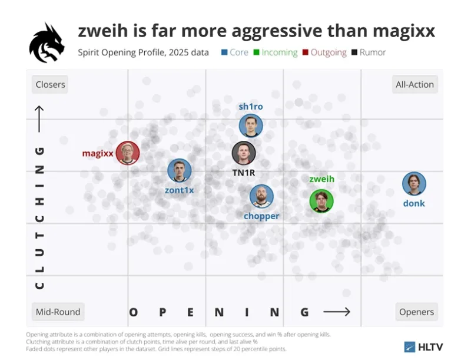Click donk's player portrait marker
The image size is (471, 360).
pyautogui.click(x=414, y=184)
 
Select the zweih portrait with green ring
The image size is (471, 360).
pyautogui.click(x=321, y=201)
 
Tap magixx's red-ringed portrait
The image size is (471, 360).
pyautogui.click(x=128, y=153)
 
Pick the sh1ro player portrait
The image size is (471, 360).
pyautogui.click(x=251, y=125)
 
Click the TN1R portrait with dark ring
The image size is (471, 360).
pyautogui.click(x=244, y=153)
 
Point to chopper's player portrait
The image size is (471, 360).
pyautogui.click(x=261, y=197)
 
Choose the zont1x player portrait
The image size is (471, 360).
pyautogui.click(x=180, y=171)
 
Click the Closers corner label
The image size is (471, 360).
pyautogui.click(x=50, y=84)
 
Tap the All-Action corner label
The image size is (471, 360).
pyautogui.click(x=414, y=84)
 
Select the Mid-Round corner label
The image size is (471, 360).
pyautogui.click(x=58, y=312)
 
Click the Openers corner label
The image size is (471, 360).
pyautogui.click(x=416, y=312)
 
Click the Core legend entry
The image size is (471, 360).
pyautogui.click(x=235, y=52)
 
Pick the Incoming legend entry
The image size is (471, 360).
pyautogui.click(x=276, y=52)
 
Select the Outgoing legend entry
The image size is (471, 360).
pyautogui.click(x=324, y=52)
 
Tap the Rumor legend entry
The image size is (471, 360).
pyautogui.click(x=369, y=52)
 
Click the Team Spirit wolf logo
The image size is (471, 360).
pyautogui.click(x=47, y=43)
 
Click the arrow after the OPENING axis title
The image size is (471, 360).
pyautogui.click(x=337, y=312)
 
